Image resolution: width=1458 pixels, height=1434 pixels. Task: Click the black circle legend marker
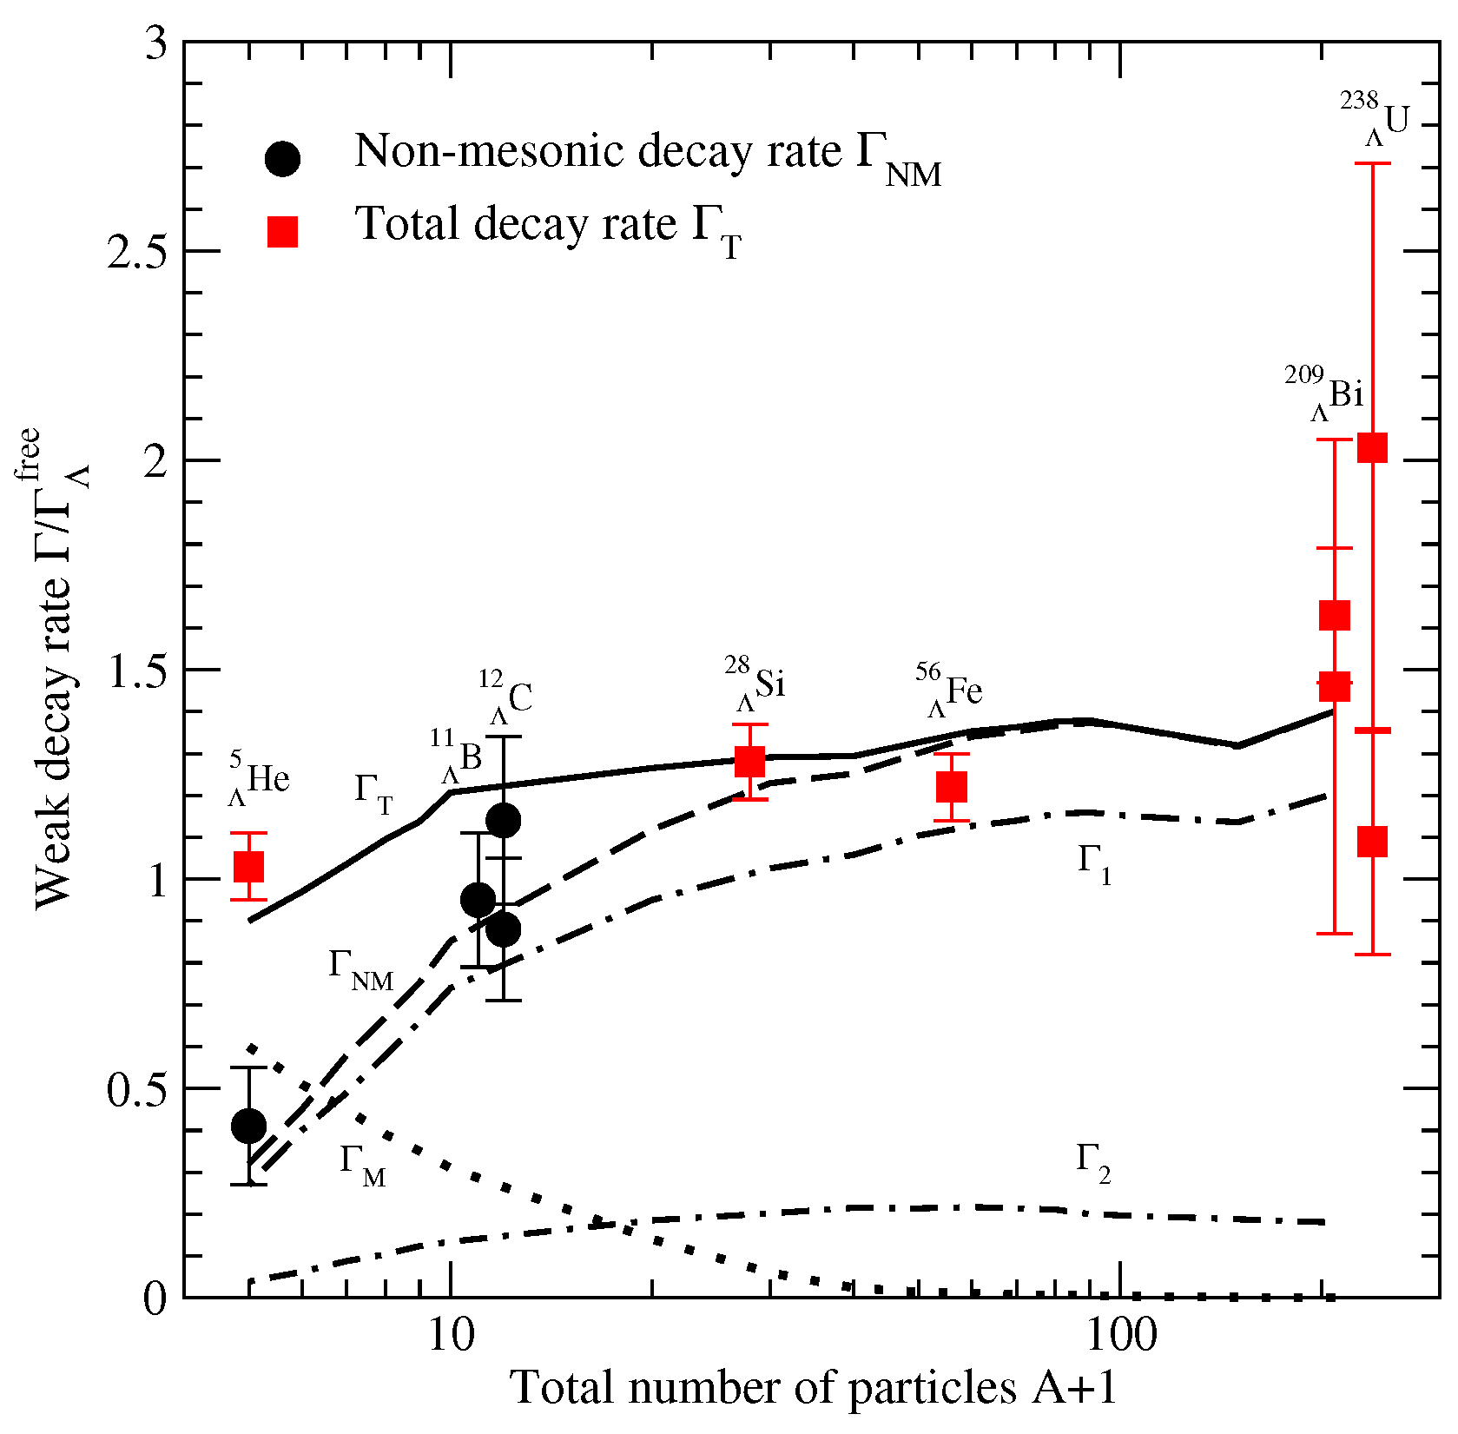tap(282, 159)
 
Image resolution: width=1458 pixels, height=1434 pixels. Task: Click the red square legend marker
tap(282, 232)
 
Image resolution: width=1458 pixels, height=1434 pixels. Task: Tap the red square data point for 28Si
tap(749, 762)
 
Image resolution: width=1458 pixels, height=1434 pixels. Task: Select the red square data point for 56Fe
tap(952, 787)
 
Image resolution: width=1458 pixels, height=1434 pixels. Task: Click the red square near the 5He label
tap(249, 866)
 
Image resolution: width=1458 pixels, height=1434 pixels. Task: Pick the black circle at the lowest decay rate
tap(249, 1127)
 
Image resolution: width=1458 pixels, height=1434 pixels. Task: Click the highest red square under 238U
tap(1372, 447)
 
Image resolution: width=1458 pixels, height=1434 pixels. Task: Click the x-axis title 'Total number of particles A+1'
tap(812, 1387)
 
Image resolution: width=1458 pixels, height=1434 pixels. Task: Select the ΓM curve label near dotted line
tap(362, 1164)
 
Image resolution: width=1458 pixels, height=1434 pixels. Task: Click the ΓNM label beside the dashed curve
tap(360, 968)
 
